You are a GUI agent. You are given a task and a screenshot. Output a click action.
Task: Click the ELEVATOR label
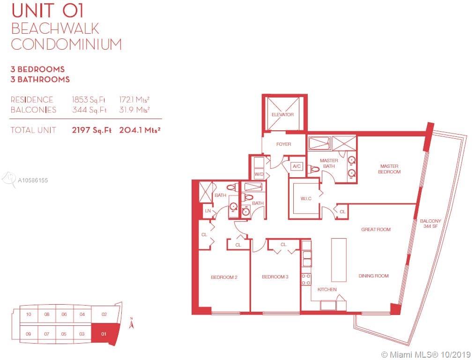[x=282, y=114]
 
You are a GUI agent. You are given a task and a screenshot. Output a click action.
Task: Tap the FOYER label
[x=283, y=144]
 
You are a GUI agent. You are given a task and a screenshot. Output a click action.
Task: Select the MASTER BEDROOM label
[x=389, y=169]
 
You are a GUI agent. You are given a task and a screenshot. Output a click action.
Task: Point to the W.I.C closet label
[x=306, y=198]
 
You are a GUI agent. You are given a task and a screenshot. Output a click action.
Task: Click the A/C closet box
[x=297, y=166]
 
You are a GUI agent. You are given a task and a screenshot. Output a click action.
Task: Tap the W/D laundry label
[x=259, y=174]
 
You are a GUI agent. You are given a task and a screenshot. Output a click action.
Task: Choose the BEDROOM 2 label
[x=224, y=277]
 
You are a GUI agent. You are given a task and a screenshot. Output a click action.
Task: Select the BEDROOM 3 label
[x=275, y=277]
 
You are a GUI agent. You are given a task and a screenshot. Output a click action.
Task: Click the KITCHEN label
[x=327, y=289]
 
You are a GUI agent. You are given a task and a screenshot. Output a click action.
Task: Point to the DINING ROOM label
[x=373, y=276]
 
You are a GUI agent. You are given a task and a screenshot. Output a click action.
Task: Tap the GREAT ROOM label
[x=376, y=229]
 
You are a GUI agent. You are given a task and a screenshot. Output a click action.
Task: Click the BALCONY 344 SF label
[x=430, y=224]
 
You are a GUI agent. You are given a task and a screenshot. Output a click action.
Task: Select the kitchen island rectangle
[x=339, y=260]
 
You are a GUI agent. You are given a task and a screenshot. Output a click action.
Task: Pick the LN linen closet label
[x=208, y=210]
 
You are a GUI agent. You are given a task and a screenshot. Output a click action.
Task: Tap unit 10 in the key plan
[x=29, y=314]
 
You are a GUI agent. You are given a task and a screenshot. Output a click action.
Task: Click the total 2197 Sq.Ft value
[x=91, y=130]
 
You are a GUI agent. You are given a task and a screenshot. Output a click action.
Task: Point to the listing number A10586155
[x=33, y=180]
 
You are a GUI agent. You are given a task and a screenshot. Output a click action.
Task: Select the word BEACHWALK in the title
[x=55, y=29]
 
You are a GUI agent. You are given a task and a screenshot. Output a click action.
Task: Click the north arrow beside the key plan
[x=131, y=323]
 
